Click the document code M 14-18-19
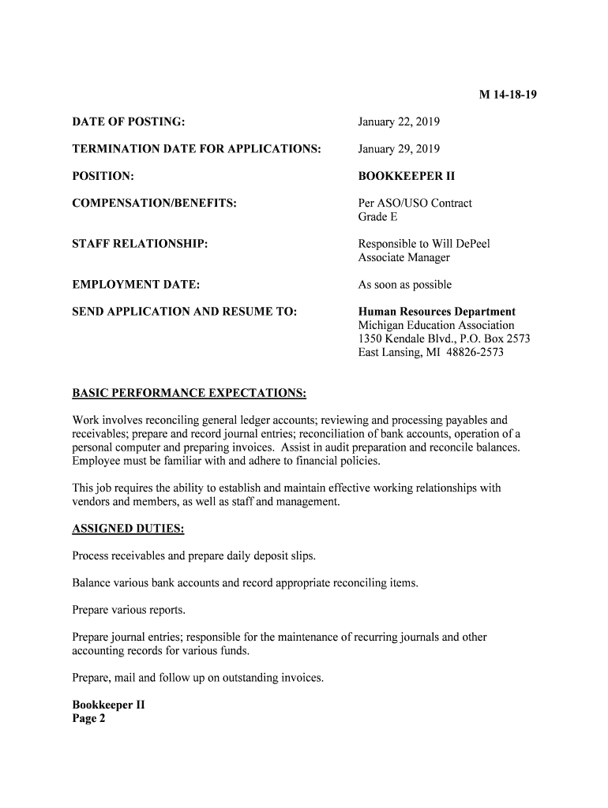508,95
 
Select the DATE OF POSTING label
129,122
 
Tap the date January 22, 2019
399,122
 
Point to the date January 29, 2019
399,149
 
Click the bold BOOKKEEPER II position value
407,176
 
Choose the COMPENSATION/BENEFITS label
155,204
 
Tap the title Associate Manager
403,257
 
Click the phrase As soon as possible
405,285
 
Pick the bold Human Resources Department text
437,312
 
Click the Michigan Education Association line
436,325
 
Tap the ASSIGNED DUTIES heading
128,529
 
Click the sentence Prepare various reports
129,610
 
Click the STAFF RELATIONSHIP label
141,245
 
